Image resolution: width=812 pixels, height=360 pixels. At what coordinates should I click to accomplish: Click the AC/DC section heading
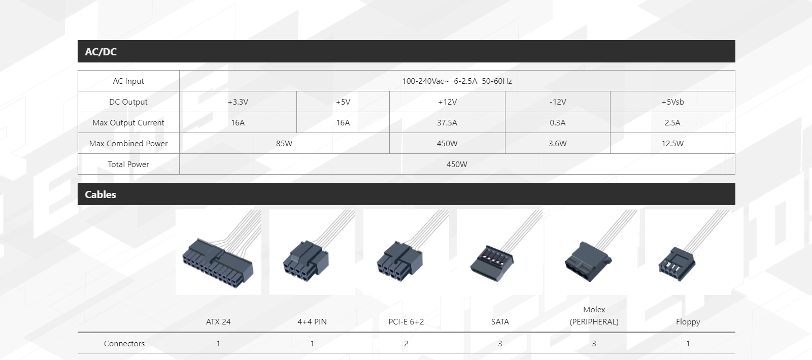(101, 52)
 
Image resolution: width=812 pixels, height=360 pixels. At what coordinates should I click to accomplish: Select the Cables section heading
(100, 194)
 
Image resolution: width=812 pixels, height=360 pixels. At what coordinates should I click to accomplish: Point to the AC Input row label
(128, 81)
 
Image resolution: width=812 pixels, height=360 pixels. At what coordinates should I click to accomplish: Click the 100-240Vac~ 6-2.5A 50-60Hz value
(457, 81)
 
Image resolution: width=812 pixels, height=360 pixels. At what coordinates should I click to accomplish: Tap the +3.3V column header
(238, 102)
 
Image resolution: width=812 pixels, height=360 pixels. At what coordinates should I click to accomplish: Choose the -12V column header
(558, 102)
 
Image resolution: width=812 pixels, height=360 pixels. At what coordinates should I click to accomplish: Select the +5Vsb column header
(672, 102)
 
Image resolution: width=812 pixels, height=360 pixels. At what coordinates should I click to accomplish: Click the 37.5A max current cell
(447, 123)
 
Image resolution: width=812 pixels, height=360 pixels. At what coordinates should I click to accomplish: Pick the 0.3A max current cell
(558, 123)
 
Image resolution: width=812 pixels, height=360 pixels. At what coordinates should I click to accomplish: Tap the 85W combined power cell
(284, 144)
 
